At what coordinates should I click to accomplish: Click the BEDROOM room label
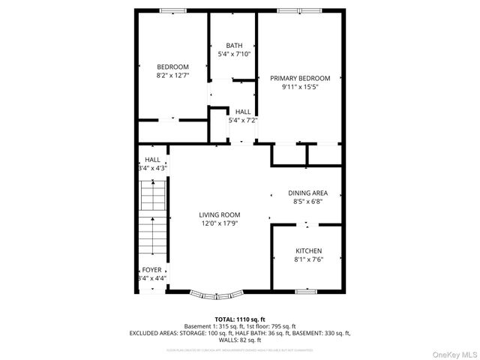coord(172,66)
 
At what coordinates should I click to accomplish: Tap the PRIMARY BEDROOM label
coord(300,78)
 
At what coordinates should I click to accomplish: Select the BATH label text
coord(234,45)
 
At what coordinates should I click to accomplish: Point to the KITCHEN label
coord(308,251)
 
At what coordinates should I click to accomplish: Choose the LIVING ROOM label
coord(219,214)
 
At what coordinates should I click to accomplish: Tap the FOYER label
coord(151,269)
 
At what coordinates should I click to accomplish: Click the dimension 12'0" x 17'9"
coord(219,223)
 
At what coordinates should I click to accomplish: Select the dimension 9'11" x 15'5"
coord(300,87)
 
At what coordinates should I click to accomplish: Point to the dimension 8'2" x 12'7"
coord(172,75)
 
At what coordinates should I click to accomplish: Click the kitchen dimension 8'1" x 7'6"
coord(308,260)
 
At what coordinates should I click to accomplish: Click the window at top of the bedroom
coord(173,11)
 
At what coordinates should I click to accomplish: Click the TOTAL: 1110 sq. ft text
coord(239,319)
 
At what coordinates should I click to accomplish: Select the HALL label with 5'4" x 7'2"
coord(243,112)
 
